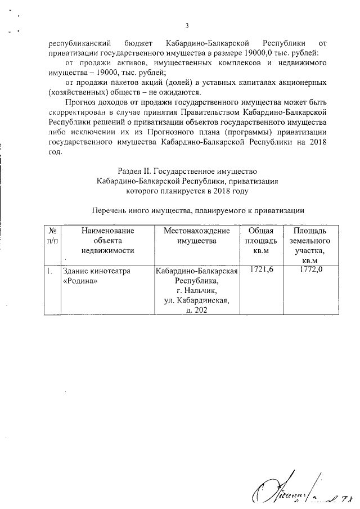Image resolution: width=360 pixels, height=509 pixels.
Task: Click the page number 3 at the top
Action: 187,25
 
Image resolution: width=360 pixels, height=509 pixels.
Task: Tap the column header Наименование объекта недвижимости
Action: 108,241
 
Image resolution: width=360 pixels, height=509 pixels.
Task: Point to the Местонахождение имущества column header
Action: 196,236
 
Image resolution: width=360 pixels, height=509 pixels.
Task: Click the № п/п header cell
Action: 52,236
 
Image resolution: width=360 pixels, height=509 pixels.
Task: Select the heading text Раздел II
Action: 135,171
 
